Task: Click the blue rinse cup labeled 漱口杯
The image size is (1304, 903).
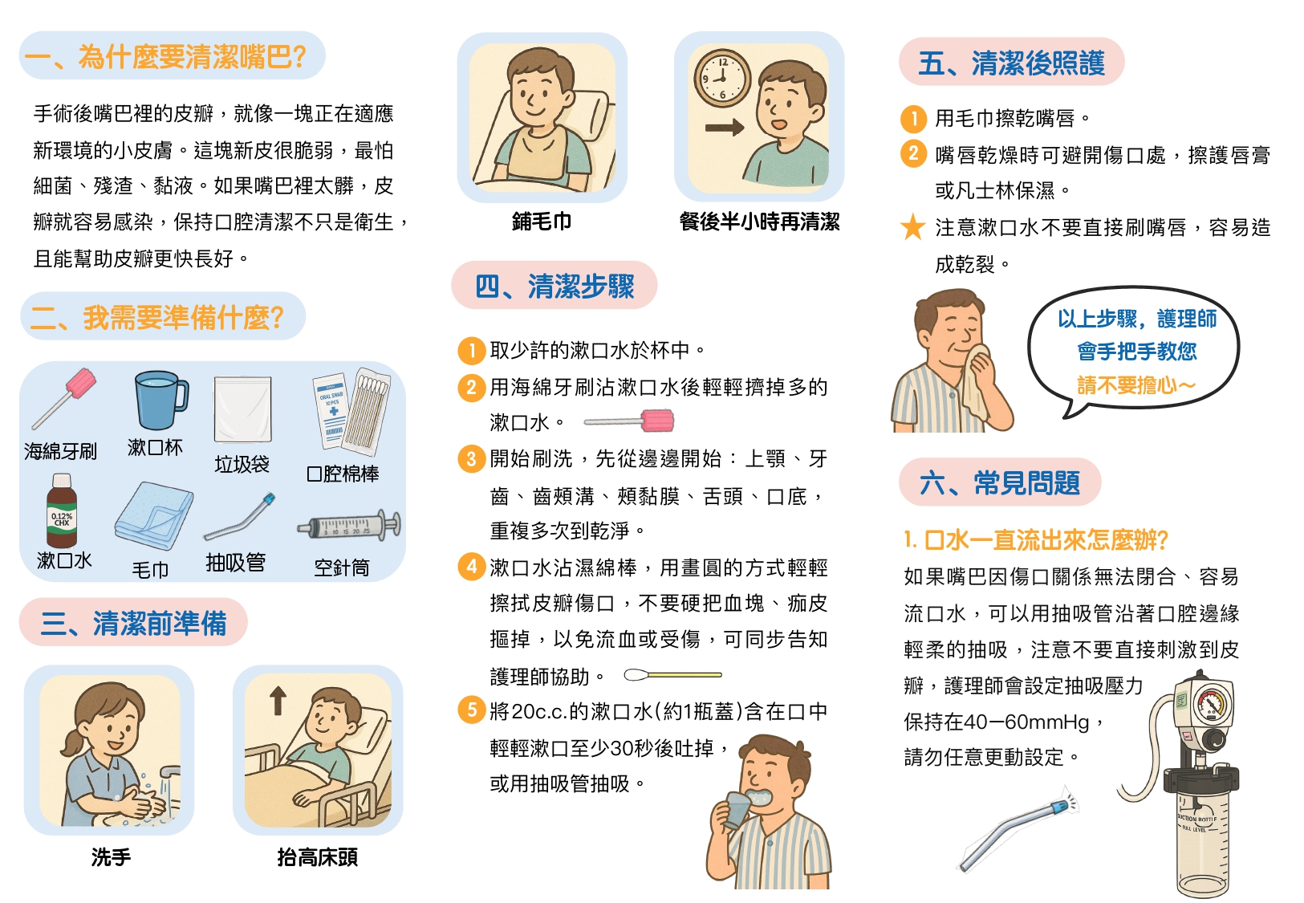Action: [x=160, y=401]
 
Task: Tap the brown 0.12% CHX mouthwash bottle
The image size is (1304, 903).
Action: [x=62, y=510]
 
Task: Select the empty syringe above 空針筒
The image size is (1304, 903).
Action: [x=349, y=525]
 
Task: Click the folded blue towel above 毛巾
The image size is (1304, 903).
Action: [x=154, y=516]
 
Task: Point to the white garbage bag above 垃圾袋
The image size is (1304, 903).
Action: [x=243, y=409]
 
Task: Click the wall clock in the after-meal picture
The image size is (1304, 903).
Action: [x=722, y=79]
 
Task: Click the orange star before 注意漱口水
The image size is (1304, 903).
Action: [x=913, y=227]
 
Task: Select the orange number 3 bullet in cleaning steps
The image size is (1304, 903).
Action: [x=472, y=459]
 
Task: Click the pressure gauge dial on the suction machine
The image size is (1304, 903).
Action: [x=1213, y=704]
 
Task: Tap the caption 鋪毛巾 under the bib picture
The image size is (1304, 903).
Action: [x=542, y=222]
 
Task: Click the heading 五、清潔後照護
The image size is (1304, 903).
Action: [x=1012, y=63]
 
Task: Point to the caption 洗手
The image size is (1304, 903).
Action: [x=111, y=857]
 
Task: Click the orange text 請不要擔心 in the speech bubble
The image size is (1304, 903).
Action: [x=1135, y=385]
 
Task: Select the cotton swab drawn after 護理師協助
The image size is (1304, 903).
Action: [x=673, y=675]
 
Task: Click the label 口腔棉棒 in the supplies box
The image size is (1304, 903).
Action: [x=343, y=474]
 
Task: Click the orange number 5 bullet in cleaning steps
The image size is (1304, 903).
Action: [x=472, y=710]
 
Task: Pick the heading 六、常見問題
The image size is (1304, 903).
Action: [x=1000, y=482]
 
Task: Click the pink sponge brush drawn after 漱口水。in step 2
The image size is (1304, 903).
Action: [x=629, y=421]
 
